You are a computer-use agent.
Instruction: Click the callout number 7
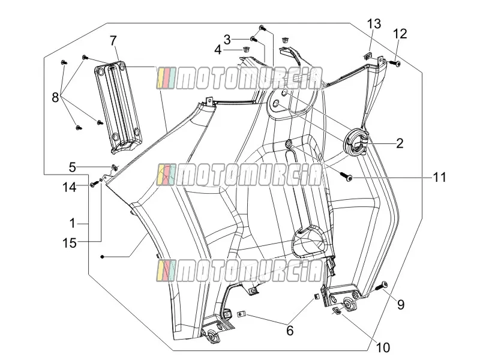[113, 40]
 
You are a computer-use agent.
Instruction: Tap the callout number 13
[374, 23]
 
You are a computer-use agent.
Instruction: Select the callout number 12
[400, 34]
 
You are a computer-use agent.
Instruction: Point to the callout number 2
[400, 143]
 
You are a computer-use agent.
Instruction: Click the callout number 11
[439, 177]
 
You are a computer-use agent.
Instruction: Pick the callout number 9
[401, 304]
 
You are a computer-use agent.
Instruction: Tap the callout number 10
[383, 347]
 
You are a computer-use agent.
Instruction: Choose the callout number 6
[290, 331]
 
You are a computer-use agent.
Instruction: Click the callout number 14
[70, 187]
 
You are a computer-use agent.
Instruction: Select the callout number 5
[72, 167]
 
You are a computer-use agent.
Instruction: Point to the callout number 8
[55, 98]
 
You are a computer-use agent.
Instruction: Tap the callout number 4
[218, 50]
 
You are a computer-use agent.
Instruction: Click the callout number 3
[227, 40]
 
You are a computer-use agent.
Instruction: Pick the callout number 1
[72, 223]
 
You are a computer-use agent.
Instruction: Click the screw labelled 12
[395, 64]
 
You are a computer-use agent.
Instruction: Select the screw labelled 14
[94, 184]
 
